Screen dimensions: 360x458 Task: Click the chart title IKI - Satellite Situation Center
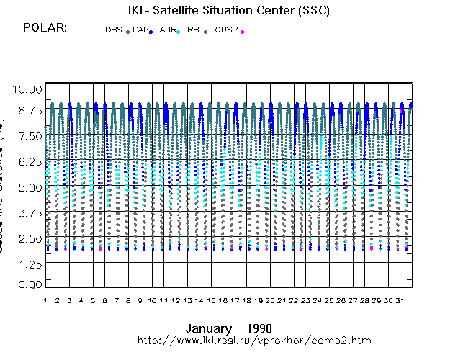(228, 11)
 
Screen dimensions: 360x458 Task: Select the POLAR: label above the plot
(45, 28)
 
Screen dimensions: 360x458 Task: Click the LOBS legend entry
(112, 30)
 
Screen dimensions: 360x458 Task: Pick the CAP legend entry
(140, 30)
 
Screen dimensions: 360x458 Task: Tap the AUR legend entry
(166, 30)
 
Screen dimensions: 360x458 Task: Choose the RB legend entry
(193, 30)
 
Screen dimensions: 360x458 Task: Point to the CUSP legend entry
(225, 30)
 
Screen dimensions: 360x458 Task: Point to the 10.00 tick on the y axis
(29, 89)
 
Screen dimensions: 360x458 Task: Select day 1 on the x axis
(45, 300)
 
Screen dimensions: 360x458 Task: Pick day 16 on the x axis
(223, 300)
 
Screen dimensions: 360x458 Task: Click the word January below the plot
(208, 328)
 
